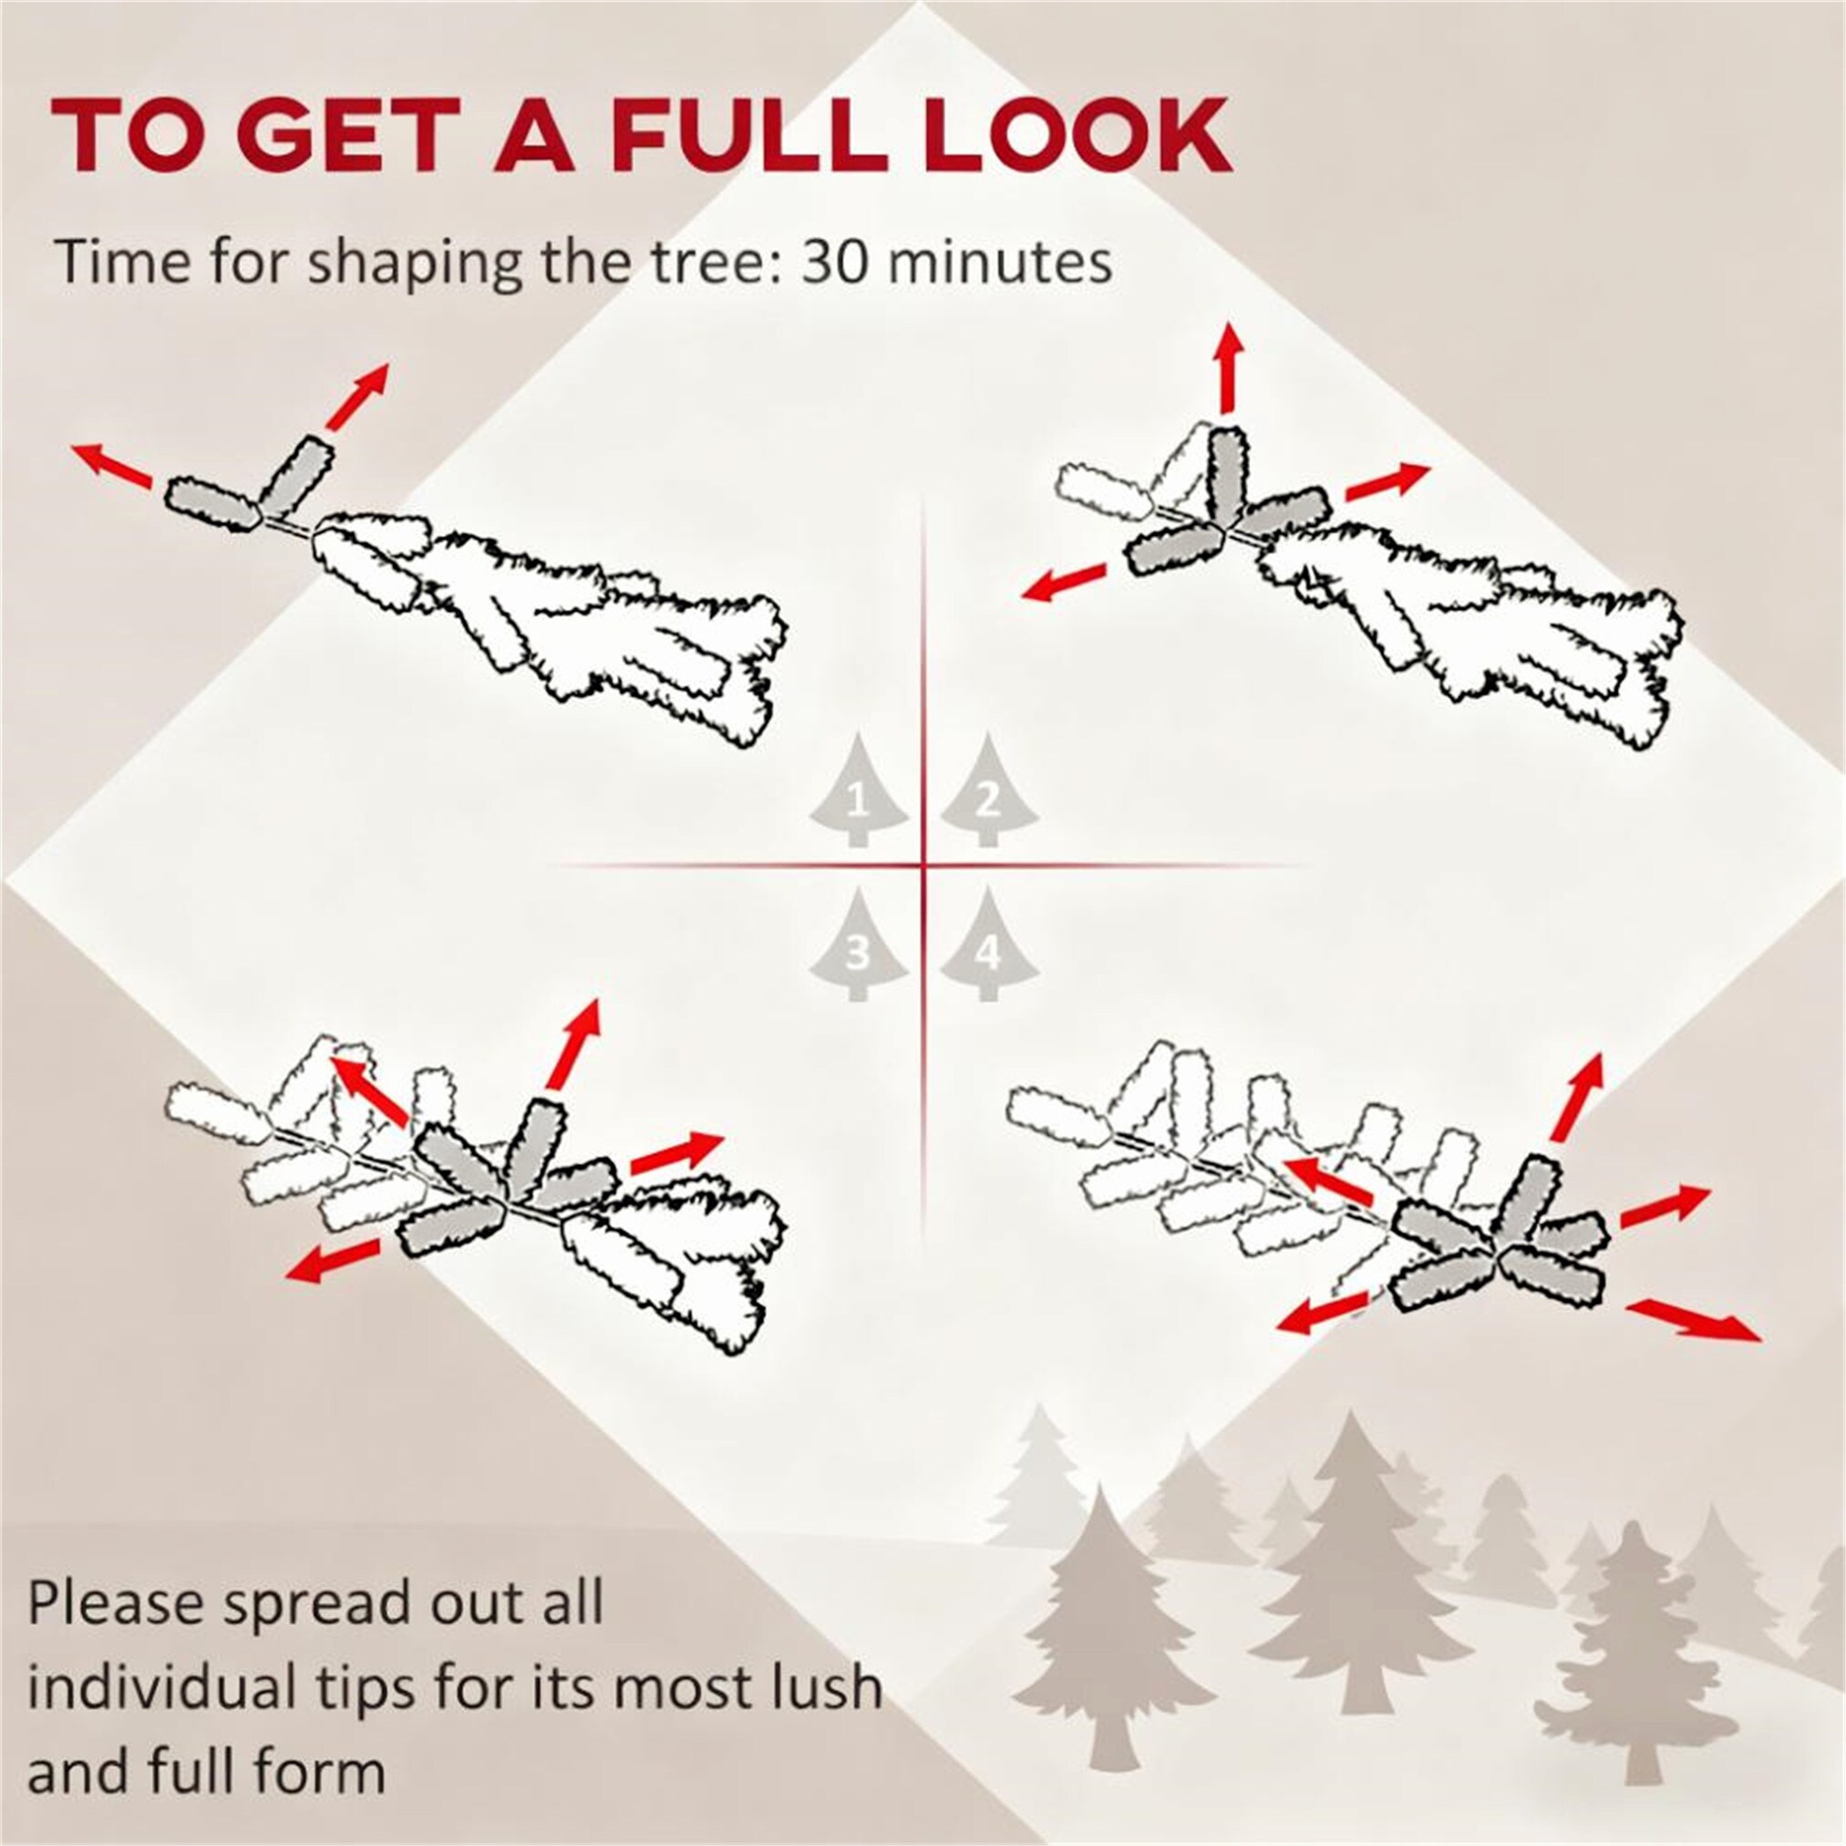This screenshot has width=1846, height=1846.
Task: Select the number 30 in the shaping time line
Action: click(x=834, y=262)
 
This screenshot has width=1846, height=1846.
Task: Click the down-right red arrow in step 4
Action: click(x=1692, y=1319)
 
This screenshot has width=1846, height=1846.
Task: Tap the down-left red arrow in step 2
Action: click(x=1065, y=582)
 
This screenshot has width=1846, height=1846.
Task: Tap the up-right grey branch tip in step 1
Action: click(x=297, y=473)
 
